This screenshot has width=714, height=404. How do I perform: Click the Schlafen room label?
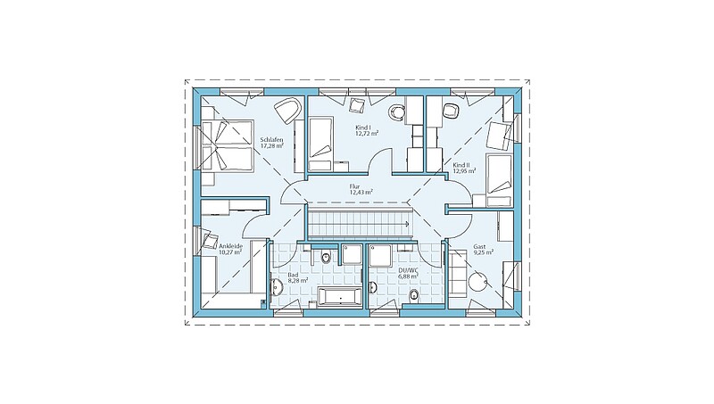pos(272,140)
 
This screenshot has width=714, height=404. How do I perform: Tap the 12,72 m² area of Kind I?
pos(367,134)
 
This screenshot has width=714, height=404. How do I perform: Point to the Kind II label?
pos(461,165)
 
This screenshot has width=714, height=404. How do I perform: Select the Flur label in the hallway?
pos(354,186)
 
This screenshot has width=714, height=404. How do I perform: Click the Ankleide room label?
pos(230,246)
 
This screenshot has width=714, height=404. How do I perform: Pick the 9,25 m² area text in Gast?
pos(484,252)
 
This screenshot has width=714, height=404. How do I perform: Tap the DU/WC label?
pos(408,270)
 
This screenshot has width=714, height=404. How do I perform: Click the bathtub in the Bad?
pos(340,297)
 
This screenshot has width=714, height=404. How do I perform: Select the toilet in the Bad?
pos(326,258)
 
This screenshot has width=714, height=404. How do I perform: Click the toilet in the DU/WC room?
pos(413,296)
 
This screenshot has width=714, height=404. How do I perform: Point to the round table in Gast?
pos(477,282)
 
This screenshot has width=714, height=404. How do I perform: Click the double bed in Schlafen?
pos(228,145)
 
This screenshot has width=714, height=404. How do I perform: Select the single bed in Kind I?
pos(321,144)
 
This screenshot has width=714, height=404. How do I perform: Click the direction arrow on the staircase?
pos(405,223)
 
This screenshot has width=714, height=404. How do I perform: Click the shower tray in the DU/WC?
pos(383,255)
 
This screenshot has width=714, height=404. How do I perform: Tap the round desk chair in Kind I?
pos(397,111)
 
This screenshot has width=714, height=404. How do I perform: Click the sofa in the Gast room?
pos(459,276)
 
